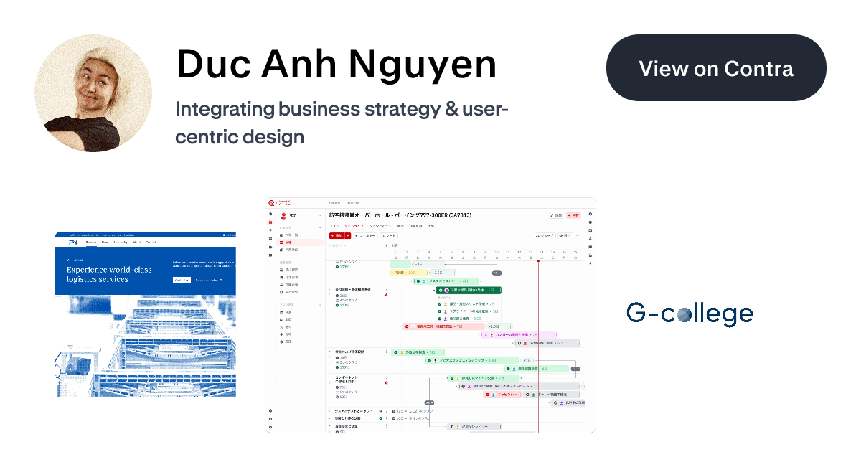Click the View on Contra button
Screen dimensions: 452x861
(716, 68)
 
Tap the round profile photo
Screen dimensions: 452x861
(93, 93)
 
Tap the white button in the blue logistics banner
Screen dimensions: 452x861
(182, 280)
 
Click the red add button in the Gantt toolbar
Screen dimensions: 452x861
(337, 235)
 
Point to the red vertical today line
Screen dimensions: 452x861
(538, 344)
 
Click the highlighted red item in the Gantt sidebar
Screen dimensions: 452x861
(300, 243)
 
